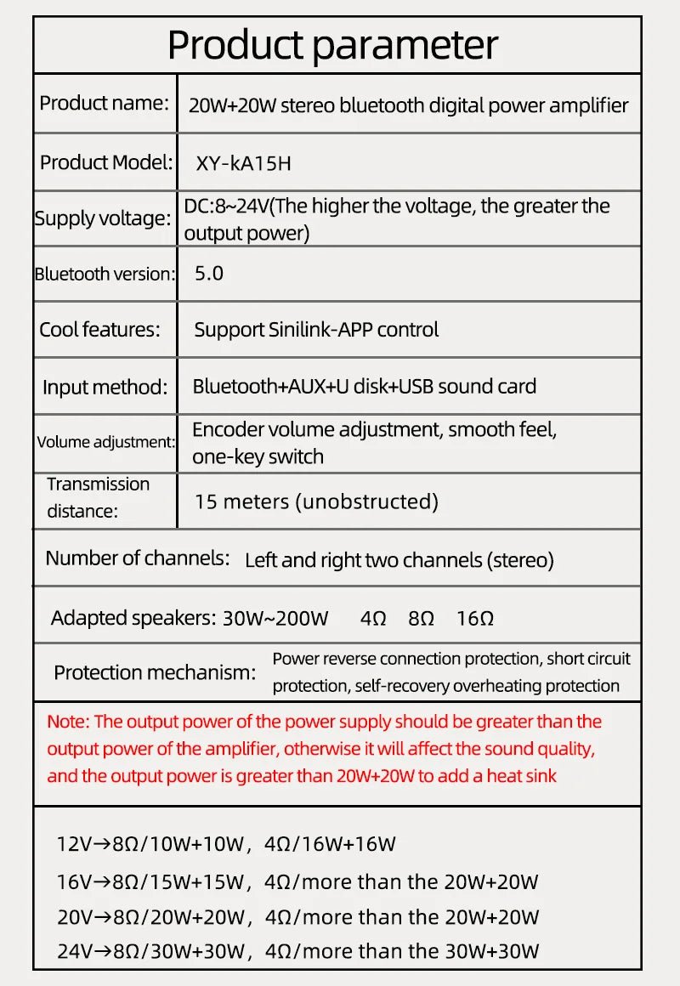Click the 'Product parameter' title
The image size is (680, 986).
332,44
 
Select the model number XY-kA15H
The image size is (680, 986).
244,162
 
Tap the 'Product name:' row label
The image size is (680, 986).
104,104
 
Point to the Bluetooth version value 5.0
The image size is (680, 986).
209,274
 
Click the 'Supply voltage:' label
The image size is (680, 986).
102,218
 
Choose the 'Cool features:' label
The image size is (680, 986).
99,330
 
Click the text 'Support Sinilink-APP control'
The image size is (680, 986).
316,330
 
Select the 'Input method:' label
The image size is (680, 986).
105,388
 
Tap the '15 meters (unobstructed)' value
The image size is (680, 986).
316,501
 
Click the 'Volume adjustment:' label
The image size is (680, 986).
105,442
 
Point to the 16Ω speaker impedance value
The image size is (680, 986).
474,618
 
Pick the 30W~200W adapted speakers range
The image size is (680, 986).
275,618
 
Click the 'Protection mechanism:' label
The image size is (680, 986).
155,672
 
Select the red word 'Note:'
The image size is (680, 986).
68,722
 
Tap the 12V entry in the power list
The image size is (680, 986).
73,844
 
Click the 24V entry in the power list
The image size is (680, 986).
74,951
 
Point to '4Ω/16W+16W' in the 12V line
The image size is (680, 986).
331,844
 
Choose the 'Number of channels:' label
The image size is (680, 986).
138,558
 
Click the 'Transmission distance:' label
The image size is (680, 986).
98,497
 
